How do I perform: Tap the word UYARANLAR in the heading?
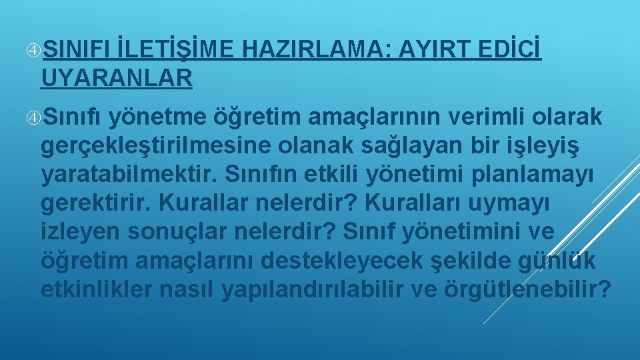(x=117, y=78)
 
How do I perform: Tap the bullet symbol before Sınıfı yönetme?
(x=33, y=117)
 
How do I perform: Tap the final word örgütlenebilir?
(x=541, y=290)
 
